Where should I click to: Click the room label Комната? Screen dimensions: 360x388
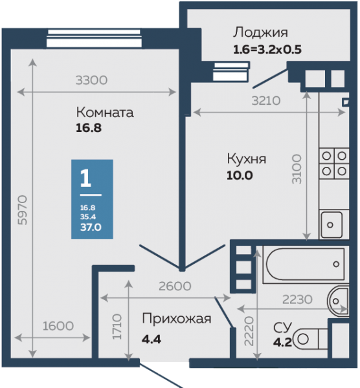[x=105, y=113]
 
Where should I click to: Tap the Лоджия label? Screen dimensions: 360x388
[x=260, y=32]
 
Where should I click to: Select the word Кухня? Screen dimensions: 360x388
[x=247, y=159]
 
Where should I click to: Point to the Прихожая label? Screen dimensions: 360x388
[x=176, y=319]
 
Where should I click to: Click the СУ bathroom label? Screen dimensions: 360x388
[x=282, y=327]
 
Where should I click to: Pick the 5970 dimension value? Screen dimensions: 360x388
[x=22, y=210]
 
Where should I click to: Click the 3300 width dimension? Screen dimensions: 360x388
[x=91, y=80]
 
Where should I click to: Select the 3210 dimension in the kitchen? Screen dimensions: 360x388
[x=266, y=101]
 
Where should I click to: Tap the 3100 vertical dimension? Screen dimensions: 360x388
[x=297, y=169]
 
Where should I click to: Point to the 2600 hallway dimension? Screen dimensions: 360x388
[x=175, y=286]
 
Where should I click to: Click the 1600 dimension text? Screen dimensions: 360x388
[x=58, y=326]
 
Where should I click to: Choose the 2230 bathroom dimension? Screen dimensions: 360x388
[x=297, y=299]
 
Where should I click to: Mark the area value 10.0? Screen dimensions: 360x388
[x=240, y=175]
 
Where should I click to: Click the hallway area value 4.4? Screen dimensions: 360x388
[x=152, y=339]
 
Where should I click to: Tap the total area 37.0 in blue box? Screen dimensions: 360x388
[x=91, y=227]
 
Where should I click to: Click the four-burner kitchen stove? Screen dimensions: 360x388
[x=334, y=164]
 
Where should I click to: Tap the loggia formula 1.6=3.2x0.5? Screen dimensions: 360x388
[x=267, y=50]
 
